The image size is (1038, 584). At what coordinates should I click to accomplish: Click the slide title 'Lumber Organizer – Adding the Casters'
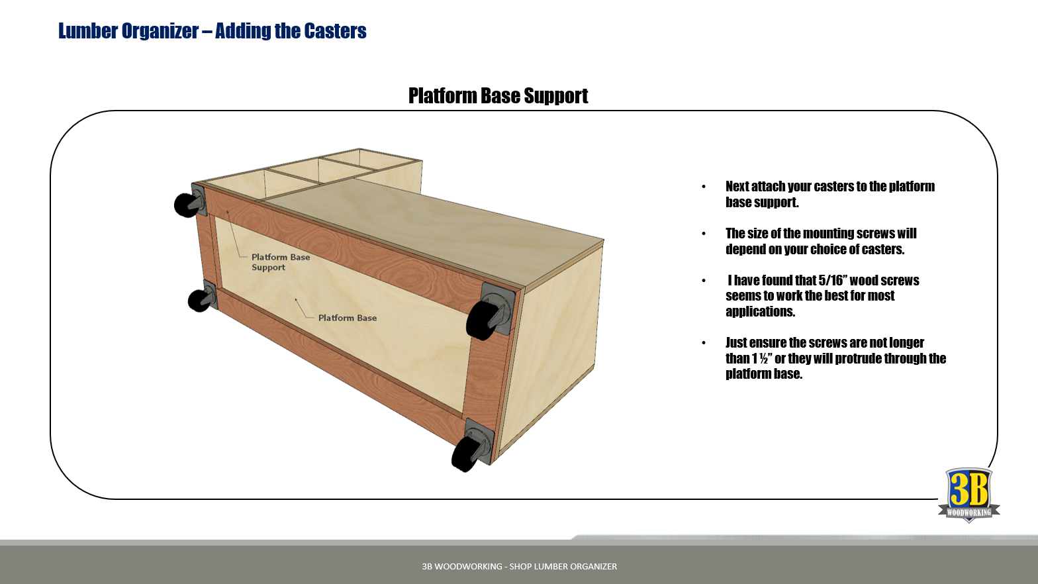tap(212, 31)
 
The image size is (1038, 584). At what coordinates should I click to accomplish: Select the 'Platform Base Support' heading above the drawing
tap(498, 96)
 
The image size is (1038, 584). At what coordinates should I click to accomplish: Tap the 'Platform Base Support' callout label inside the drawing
tap(280, 262)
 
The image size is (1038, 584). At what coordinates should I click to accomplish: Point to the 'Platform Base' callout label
tap(347, 318)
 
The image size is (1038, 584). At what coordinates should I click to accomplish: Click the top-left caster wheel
tap(185, 205)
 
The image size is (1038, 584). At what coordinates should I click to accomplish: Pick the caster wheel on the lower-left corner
tap(198, 301)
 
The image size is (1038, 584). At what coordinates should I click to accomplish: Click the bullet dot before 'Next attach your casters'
tap(704, 187)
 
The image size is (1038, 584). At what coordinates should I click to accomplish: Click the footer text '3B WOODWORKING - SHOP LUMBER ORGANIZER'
tap(519, 566)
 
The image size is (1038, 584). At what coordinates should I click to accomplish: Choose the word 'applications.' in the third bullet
tap(760, 311)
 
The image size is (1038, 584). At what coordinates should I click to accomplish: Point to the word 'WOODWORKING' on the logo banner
tap(968, 512)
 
